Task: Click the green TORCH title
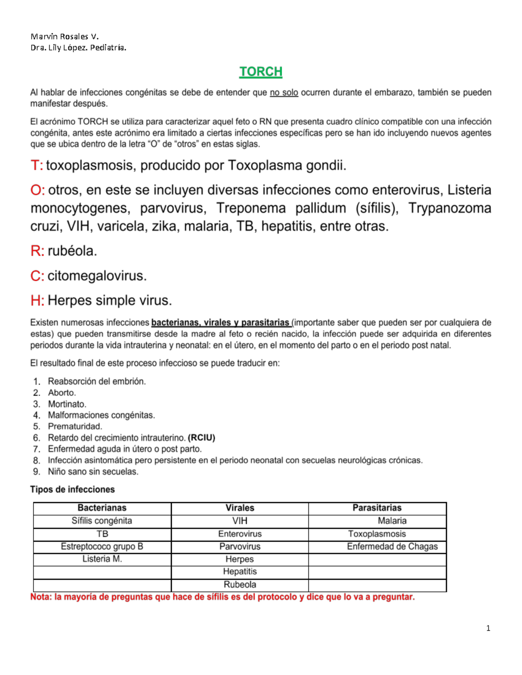(x=261, y=72)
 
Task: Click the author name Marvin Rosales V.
(x=64, y=37)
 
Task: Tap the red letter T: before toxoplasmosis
(x=37, y=166)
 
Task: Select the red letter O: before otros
(x=37, y=190)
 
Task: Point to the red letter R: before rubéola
(x=37, y=251)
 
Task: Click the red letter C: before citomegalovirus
(x=37, y=276)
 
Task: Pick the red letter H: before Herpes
(x=37, y=301)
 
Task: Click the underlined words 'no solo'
(x=284, y=93)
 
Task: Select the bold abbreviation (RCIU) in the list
(x=201, y=438)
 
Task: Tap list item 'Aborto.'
(x=62, y=393)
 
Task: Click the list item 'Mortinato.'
(x=67, y=404)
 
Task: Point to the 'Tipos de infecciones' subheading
(x=72, y=489)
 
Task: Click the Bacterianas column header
(x=102, y=508)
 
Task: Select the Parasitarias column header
(x=377, y=508)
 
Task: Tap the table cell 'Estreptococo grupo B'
(x=102, y=547)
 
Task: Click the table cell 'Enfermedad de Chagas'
(x=392, y=547)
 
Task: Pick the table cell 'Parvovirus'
(x=240, y=547)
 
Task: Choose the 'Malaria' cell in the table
(x=392, y=521)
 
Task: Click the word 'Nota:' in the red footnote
(x=40, y=597)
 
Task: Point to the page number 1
(x=488, y=628)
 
